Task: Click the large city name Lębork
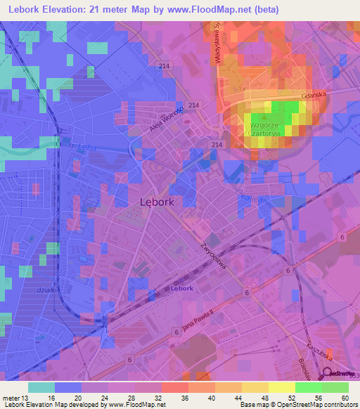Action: tap(157, 201)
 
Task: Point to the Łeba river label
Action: tap(86, 140)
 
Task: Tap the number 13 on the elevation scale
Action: tap(28, 396)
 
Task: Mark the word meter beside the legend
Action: tap(12, 396)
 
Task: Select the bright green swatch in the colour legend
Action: tap(309, 387)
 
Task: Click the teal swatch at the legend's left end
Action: tap(41, 387)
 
